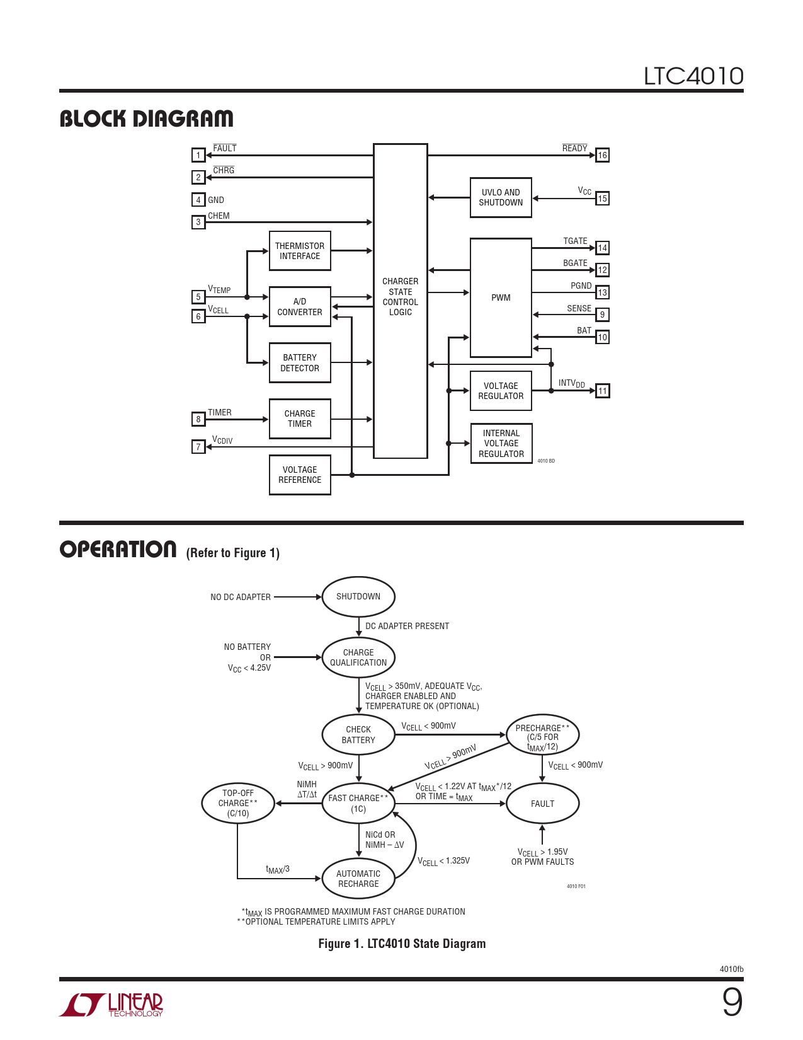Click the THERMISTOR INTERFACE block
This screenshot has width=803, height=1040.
(x=300, y=251)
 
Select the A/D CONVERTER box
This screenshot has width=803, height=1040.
(x=300, y=307)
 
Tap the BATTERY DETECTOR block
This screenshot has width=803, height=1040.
(x=300, y=363)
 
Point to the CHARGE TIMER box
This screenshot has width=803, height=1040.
(x=300, y=419)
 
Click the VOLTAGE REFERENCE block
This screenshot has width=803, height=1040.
(x=300, y=475)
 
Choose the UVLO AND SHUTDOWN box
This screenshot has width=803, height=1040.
(x=501, y=198)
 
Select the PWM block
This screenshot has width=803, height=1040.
(x=501, y=298)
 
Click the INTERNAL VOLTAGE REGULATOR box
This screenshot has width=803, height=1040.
(x=501, y=444)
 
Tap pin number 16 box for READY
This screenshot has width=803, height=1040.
(x=603, y=155)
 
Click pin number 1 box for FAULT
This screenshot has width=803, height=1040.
(x=198, y=155)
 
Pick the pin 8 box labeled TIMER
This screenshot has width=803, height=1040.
(x=198, y=419)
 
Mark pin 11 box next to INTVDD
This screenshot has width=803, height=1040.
(x=603, y=391)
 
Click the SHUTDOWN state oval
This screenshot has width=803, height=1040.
(x=358, y=597)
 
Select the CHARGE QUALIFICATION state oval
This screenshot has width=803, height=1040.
(x=358, y=657)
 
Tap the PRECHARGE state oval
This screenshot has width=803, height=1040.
(x=542, y=736)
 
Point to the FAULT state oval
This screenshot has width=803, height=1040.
(x=542, y=804)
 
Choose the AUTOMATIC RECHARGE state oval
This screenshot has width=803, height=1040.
(x=358, y=879)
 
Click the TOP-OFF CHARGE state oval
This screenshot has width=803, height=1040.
(x=238, y=804)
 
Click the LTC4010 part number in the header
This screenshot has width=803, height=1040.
(x=693, y=76)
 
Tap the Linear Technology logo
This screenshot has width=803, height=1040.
(x=111, y=1005)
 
